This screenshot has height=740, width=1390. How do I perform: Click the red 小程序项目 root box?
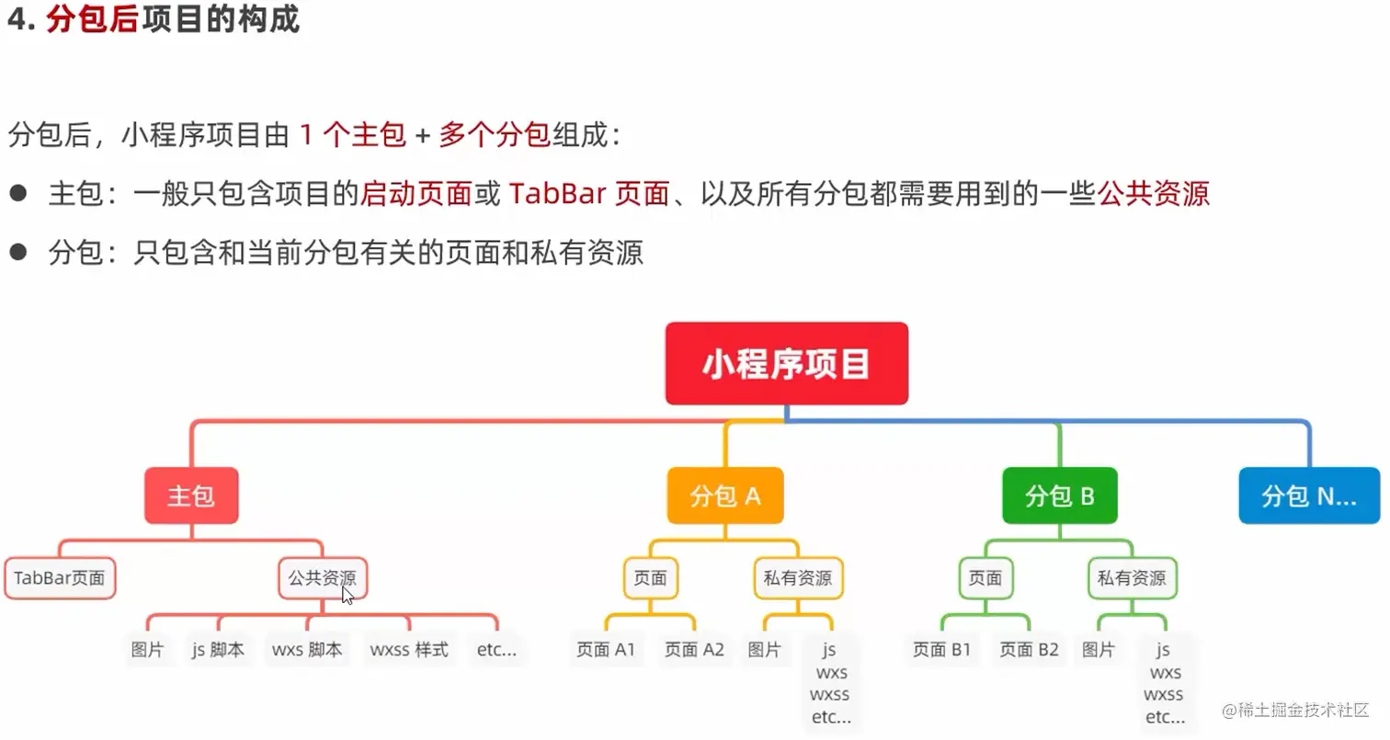tap(787, 363)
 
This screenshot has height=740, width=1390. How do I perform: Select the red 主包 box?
tap(191, 495)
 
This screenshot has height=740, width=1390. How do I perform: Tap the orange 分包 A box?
tap(725, 495)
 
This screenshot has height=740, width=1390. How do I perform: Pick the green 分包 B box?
tap(1060, 495)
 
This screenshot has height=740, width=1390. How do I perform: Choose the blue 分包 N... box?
tap(1309, 495)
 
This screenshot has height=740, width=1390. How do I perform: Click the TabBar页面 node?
tap(60, 578)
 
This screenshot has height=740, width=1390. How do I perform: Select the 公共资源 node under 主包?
tap(323, 578)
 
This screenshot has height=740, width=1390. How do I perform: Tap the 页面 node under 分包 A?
tap(650, 578)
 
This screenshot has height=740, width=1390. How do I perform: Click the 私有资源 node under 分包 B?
tap(1132, 578)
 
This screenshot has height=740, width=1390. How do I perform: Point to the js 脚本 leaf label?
tap(218, 649)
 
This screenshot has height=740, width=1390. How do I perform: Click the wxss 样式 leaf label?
tap(409, 649)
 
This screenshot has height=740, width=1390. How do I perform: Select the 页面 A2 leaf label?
tap(694, 649)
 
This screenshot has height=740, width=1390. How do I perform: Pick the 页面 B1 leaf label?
tap(941, 649)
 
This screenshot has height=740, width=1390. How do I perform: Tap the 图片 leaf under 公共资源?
tap(148, 649)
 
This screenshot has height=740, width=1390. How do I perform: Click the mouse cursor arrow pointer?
tap(347, 595)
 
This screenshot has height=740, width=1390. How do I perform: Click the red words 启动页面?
tap(416, 194)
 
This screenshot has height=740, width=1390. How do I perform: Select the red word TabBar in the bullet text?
tap(557, 194)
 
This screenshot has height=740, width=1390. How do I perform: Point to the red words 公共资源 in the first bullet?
tap(1154, 194)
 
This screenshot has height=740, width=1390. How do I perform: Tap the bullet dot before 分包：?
tap(18, 252)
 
